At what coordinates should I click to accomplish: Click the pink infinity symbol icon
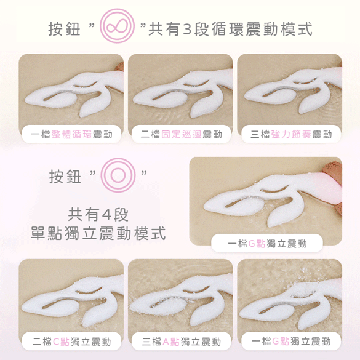(x=117, y=26)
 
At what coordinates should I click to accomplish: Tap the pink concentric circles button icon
(x=118, y=175)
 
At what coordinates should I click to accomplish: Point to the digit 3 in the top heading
(x=187, y=30)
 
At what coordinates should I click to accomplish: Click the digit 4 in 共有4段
(x=106, y=215)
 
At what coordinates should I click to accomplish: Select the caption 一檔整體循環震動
(x=71, y=134)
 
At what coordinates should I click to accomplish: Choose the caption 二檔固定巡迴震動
(x=181, y=134)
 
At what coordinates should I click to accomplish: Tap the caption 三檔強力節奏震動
(x=291, y=134)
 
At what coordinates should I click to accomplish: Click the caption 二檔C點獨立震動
(x=71, y=342)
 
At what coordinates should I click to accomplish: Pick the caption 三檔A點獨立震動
(x=181, y=342)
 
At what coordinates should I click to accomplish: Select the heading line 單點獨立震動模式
(x=98, y=233)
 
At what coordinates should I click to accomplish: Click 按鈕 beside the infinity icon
(x=64, y=29)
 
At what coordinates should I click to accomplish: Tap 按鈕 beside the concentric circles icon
(x=65, y=177)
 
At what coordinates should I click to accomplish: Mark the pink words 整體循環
(x=71, y=134)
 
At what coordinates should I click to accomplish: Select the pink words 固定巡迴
(x=181, y=134)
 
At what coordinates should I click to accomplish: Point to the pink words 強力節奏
(x=291, y=134)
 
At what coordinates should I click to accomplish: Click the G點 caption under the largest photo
(x=267, y=244)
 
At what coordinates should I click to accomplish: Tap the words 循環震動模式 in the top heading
(x=262, y=29)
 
